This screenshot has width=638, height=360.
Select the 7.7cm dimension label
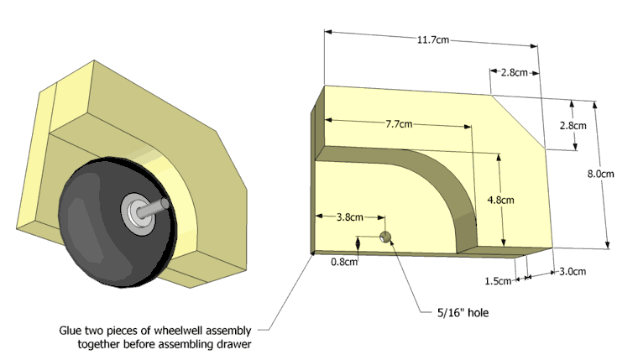pos(400,124)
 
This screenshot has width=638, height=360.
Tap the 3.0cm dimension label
pos(571,271)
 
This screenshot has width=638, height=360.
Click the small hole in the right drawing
pos(386,236)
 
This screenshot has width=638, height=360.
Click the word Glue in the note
pos(72,330)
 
